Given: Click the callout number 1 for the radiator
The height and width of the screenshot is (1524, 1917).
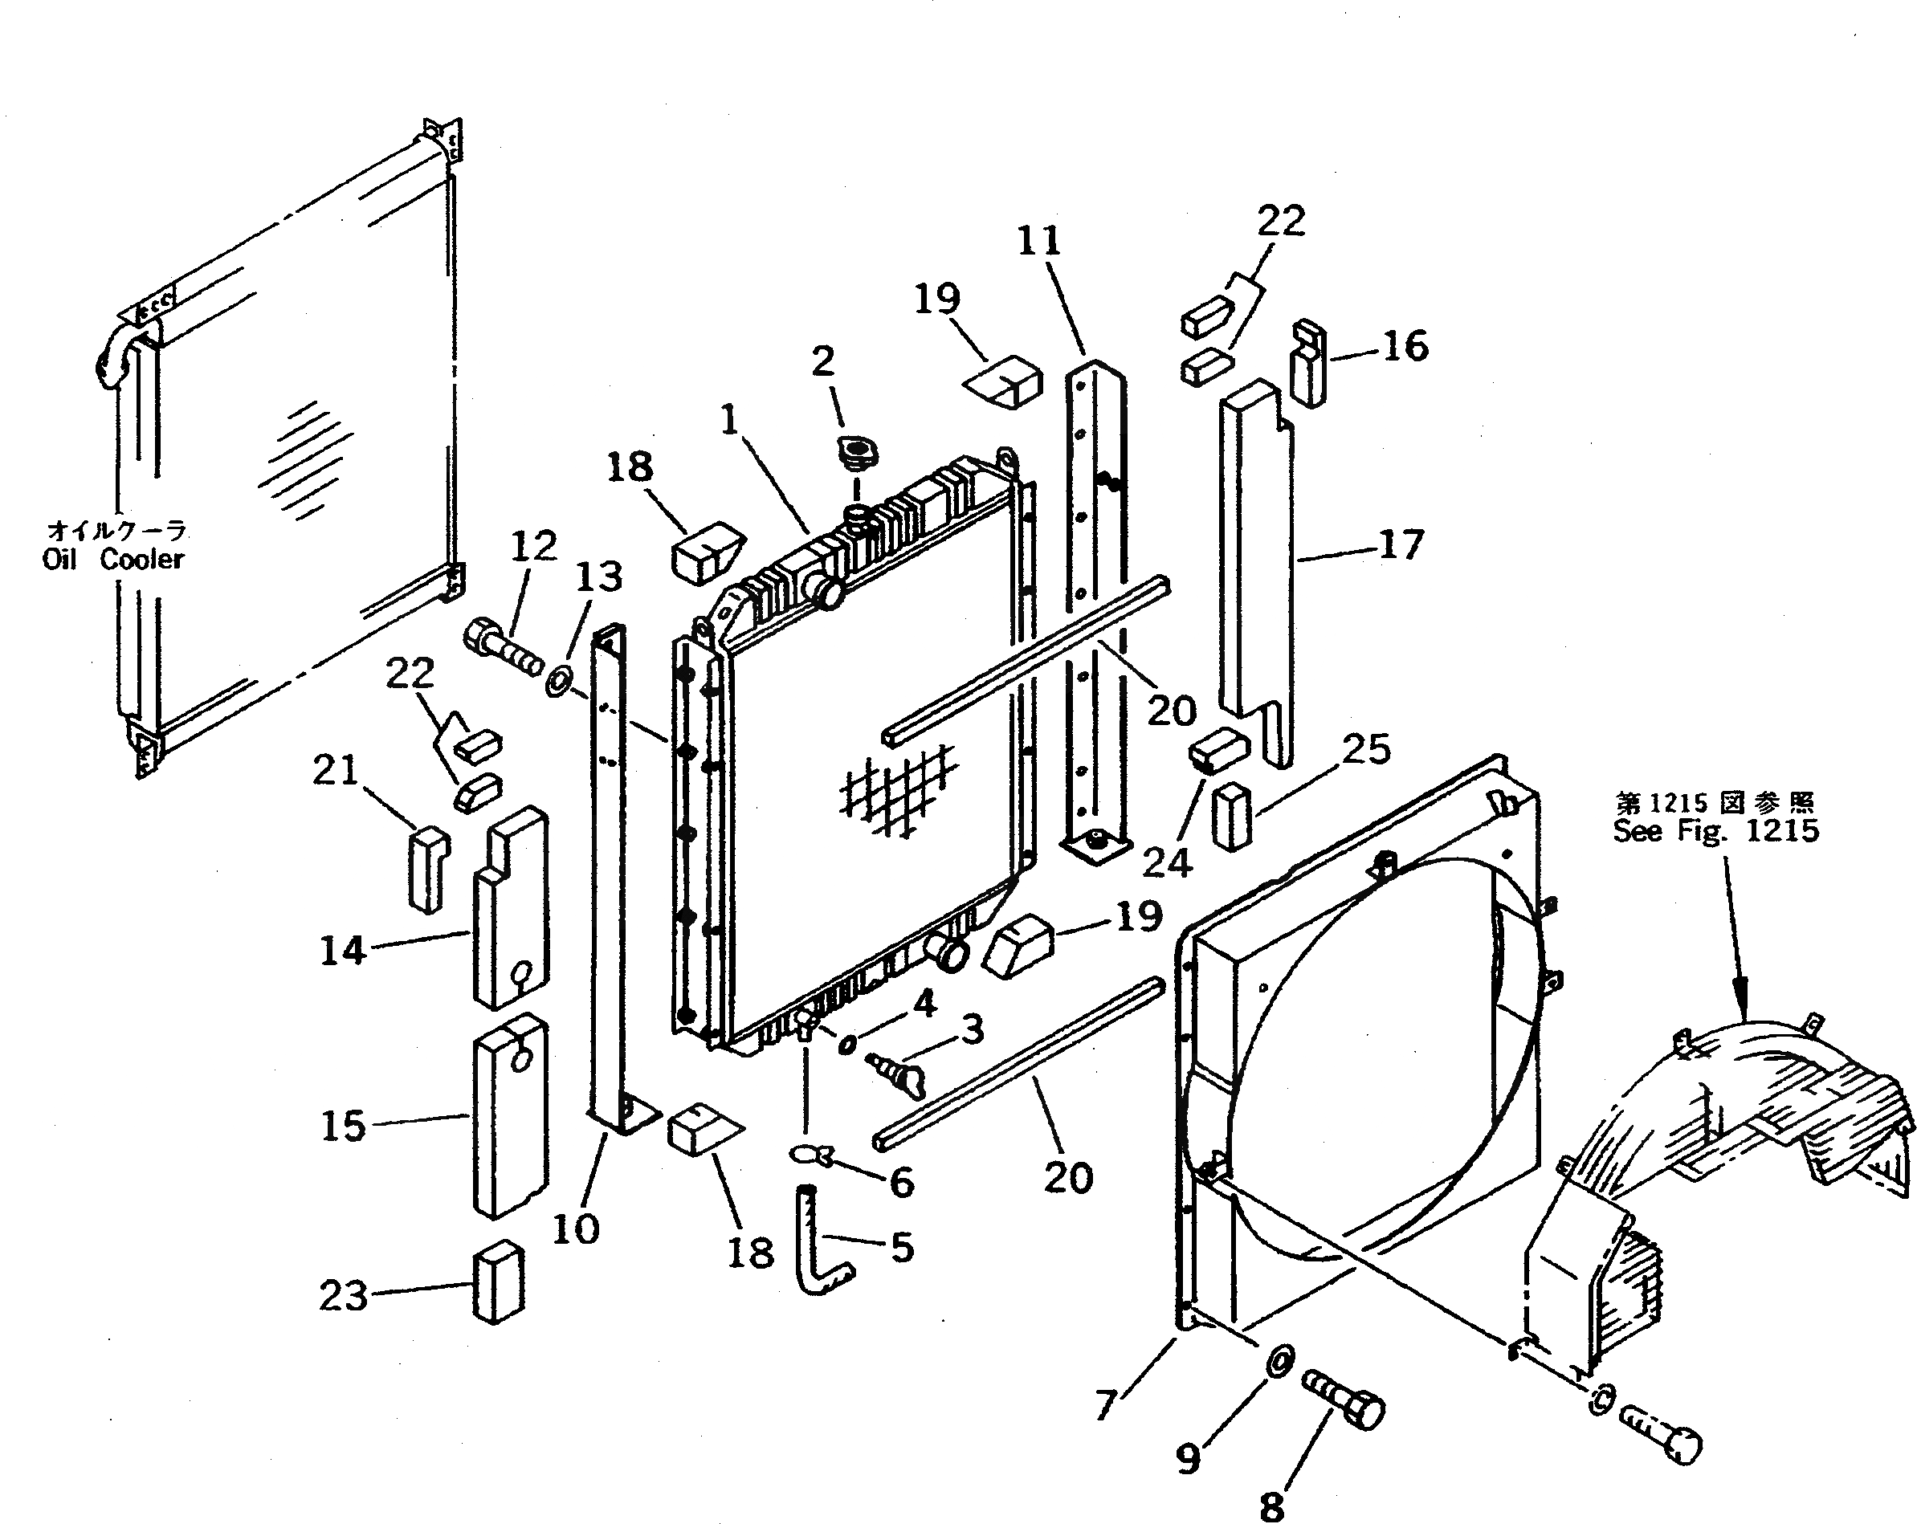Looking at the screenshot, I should pyautogui.click(x=730, y=420).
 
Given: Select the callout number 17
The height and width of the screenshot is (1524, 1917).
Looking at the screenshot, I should pyautogui.click(x=1401, y=544).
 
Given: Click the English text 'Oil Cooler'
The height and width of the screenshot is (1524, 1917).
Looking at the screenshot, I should pyautogui.click(x=113, y=560).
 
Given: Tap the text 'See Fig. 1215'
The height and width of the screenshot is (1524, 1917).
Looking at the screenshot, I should pyautogui.click(x=1715, y=830).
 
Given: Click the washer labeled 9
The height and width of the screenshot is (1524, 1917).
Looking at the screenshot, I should pyautogui.click(x=1278, y=1361).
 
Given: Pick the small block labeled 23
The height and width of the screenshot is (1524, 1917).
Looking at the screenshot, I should pyautogui.click(x=499, y=1282).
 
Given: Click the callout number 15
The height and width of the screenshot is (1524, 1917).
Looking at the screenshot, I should pyautogui.click(x=343, y=1126).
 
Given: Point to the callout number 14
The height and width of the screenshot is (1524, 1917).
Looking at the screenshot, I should pyautogui.click(x=342, y=951).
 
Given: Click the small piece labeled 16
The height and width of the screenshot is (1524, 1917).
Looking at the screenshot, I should pyautogui.click(x=1308, y=364).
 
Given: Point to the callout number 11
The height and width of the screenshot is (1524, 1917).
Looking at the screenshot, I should pyautogui.click(x=1038, y=240).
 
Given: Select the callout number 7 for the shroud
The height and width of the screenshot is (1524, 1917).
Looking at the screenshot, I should pyautogui.click(x=1106, y=1404).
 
